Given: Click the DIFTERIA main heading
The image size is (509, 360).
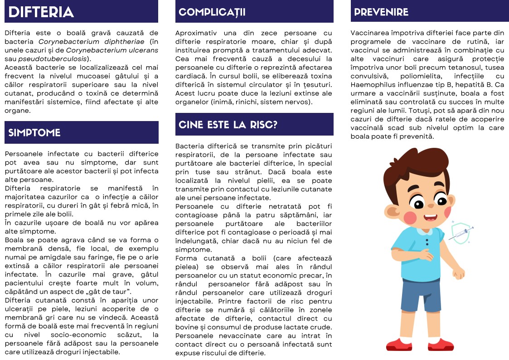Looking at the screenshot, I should coord(41,12).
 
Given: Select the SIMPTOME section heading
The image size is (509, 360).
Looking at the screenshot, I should coord(34,132).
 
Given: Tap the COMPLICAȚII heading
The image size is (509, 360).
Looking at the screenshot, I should coord(212,12).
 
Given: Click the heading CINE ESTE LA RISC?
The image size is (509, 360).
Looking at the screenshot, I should coord(228,125).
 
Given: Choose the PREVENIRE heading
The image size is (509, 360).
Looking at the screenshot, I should coord(381,12).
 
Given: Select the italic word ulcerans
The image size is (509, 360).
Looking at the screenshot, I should coord(142,50).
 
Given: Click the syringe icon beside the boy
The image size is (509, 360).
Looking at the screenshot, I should coord(461,234).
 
